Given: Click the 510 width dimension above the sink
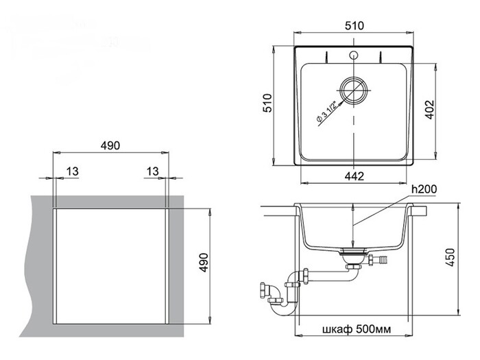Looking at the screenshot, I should [x=354, y=25].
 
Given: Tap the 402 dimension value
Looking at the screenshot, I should [x=430, y=110].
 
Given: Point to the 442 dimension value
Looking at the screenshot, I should [x=354, y=176].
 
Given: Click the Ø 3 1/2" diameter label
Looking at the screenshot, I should [x=325, y=110].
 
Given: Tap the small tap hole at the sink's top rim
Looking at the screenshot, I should [x=353, y=53].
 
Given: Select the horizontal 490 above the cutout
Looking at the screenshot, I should [x=110, y=146].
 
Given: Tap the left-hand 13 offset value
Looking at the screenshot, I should [x=71, y=170].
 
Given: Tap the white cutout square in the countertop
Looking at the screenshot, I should [x=110, y=264].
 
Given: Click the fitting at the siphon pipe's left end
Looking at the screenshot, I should [x=264, y=290].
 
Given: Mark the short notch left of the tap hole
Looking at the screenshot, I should [x=328, y=53].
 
